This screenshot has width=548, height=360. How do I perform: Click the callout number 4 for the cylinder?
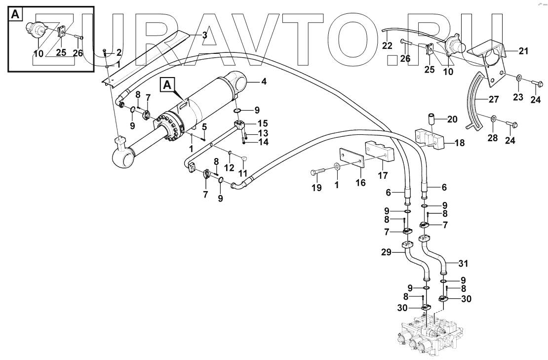coord(264,81)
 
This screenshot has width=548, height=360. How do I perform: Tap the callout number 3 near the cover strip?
coord(204,35)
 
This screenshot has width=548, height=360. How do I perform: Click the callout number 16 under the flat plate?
coord(361,183)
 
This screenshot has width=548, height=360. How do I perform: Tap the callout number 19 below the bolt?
coord(317,188)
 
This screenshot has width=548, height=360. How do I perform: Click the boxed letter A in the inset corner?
coord(15,15)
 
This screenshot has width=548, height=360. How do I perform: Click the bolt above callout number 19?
coord(319,171)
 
